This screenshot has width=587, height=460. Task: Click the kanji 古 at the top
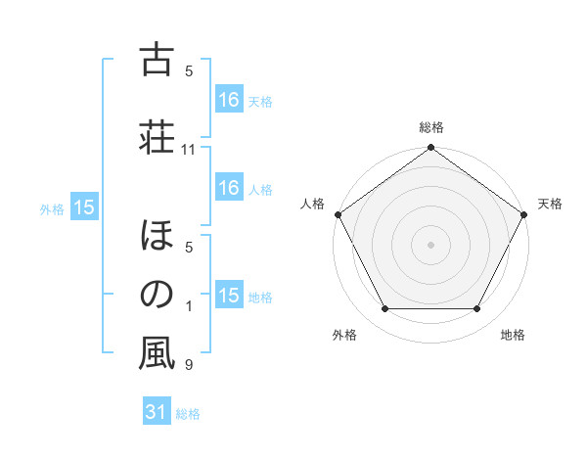[157, 60]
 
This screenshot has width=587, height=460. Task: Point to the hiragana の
[157, 294]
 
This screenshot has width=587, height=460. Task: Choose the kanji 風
[157, 352]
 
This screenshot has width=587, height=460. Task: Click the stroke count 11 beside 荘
[189, 150]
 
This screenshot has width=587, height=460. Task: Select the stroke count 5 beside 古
[189, 70]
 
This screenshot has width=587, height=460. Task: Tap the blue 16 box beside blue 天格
[228, 100]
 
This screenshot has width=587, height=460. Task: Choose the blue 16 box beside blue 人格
[228, 189]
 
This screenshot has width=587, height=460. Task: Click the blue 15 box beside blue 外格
[83, 207]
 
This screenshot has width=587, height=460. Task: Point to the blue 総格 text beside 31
[188, 414]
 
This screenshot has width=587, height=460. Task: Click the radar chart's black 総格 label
[430, 127]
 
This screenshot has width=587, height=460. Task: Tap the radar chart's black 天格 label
[550, 204]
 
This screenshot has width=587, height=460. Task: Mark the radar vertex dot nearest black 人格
[339, 214]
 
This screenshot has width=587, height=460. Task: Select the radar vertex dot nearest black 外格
[384, 308]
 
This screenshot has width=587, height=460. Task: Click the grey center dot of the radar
[431, 244]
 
